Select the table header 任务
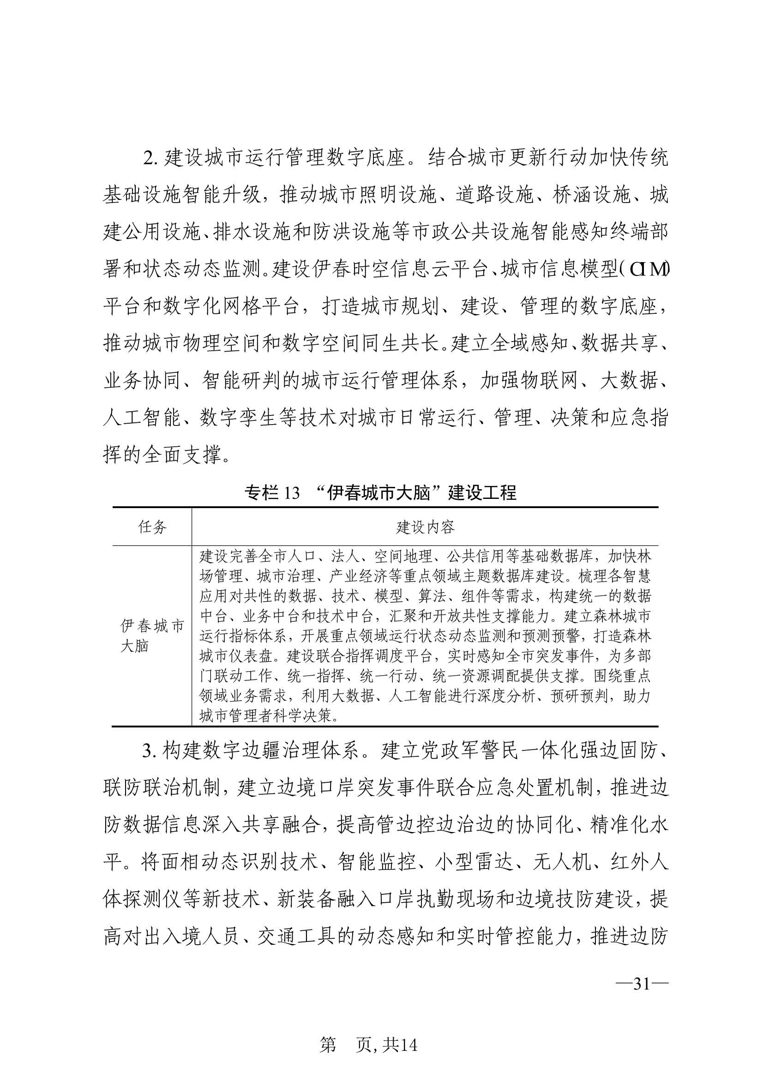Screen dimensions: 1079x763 pyautogui.click(x=152, y=527)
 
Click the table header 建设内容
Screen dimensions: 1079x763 pyautogui.click(x=425, y=527)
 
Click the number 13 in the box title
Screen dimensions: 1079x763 pyautogui.click(x=291, y=493)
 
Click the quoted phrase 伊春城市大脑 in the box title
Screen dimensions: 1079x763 pyautogui.click(x=378, y=493)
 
